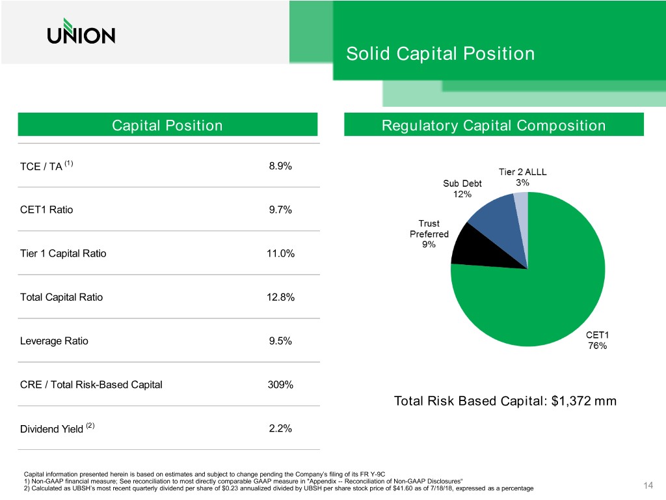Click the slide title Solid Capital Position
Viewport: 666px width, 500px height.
tap(440, 53)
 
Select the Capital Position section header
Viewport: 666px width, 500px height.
tap(167, 125)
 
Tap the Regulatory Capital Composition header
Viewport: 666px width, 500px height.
tap(493, 125)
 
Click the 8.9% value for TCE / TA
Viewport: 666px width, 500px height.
tap(280, 166)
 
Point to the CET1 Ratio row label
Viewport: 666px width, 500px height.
tap(47, 210)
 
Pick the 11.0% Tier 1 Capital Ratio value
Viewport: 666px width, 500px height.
tap(281, 254)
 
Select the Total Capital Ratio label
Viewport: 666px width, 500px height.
tap(61, 298)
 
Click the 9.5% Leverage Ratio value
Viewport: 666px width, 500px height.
tap(280, 341)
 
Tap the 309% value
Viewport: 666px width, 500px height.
tap(280, 385)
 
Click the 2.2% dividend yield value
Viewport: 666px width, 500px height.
tap(280, 428)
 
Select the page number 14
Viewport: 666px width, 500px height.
tap(648, 485)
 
